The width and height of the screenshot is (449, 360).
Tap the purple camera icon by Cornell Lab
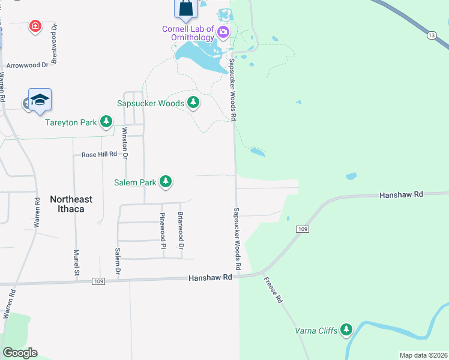(223, 32)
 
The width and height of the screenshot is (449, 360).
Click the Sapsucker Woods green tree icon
(193, 103)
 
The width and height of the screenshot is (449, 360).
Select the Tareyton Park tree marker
(106, 122)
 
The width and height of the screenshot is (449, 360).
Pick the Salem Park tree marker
(166, 182)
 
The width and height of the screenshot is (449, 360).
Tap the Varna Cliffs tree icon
(346, 329)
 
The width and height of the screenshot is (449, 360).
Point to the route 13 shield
(432, 36)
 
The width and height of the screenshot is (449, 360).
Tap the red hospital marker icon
(35, 26)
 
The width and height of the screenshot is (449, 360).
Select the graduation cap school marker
(40, 100)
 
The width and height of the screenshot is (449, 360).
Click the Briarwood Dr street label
(180, 230)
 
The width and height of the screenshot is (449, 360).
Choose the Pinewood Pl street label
(162, 230)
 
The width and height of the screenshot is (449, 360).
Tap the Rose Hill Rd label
(99, 155)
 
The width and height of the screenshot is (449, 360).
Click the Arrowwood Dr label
(27, 65)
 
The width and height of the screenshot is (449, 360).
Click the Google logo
(20, 353)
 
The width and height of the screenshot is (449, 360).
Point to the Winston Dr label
(125, 143)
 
